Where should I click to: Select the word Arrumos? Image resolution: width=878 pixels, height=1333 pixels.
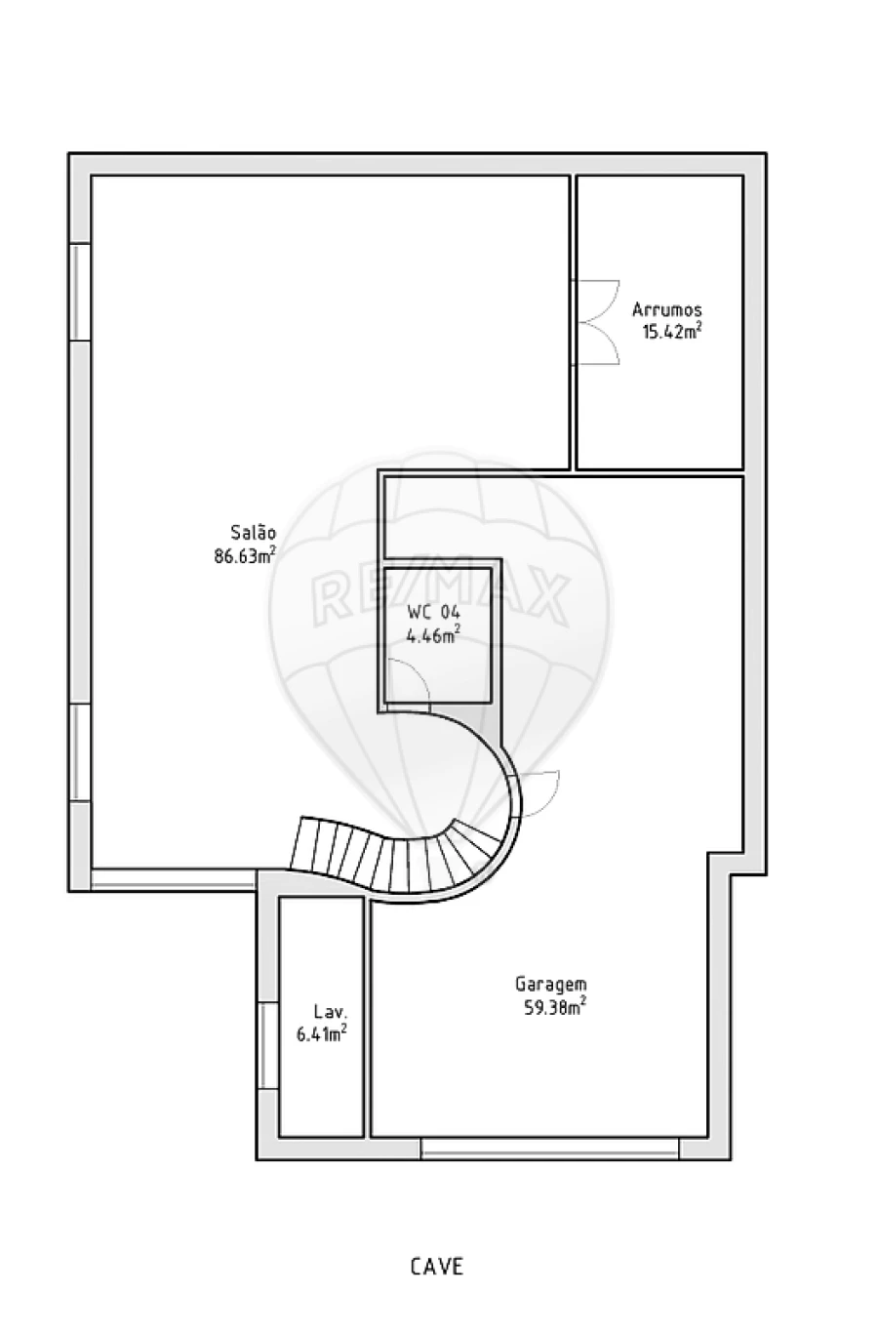pyautogui.click(x=667, y=309)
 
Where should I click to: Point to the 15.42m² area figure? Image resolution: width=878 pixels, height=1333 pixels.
pyautogui.click(x=671, y=331)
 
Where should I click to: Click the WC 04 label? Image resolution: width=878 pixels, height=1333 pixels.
pyautogui.click(x=434, y=612)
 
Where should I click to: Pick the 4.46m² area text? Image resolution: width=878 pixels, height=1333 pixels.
pyautogui.click(x=434, y=634)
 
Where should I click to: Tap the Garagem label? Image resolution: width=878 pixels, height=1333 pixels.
pyautogui.click(x=551, y=986)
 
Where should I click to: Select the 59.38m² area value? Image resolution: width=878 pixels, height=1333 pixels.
pyautogui.click(x=555, y=1007)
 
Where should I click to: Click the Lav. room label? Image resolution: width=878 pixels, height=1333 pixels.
pyautogui.click(x=331, y=1012)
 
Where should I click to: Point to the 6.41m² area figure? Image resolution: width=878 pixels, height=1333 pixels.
pyautogui.click(x=322, y=1033)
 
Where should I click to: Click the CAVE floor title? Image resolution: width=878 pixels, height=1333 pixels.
pyautogui.click(x=437, y=1267)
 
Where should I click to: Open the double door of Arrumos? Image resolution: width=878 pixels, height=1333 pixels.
pyautogui.click(x=595, y=322)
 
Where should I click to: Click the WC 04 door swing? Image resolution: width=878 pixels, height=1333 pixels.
pyautogui.click(x=408, y=685)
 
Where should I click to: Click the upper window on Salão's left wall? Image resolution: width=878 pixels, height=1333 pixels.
pyautogui.click(x=80, y=292)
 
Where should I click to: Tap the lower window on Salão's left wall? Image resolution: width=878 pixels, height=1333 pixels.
pyautogui.click(x=80, y=752)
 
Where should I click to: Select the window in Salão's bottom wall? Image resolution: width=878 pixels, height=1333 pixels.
pyautogui.click(x=174, y=880)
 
